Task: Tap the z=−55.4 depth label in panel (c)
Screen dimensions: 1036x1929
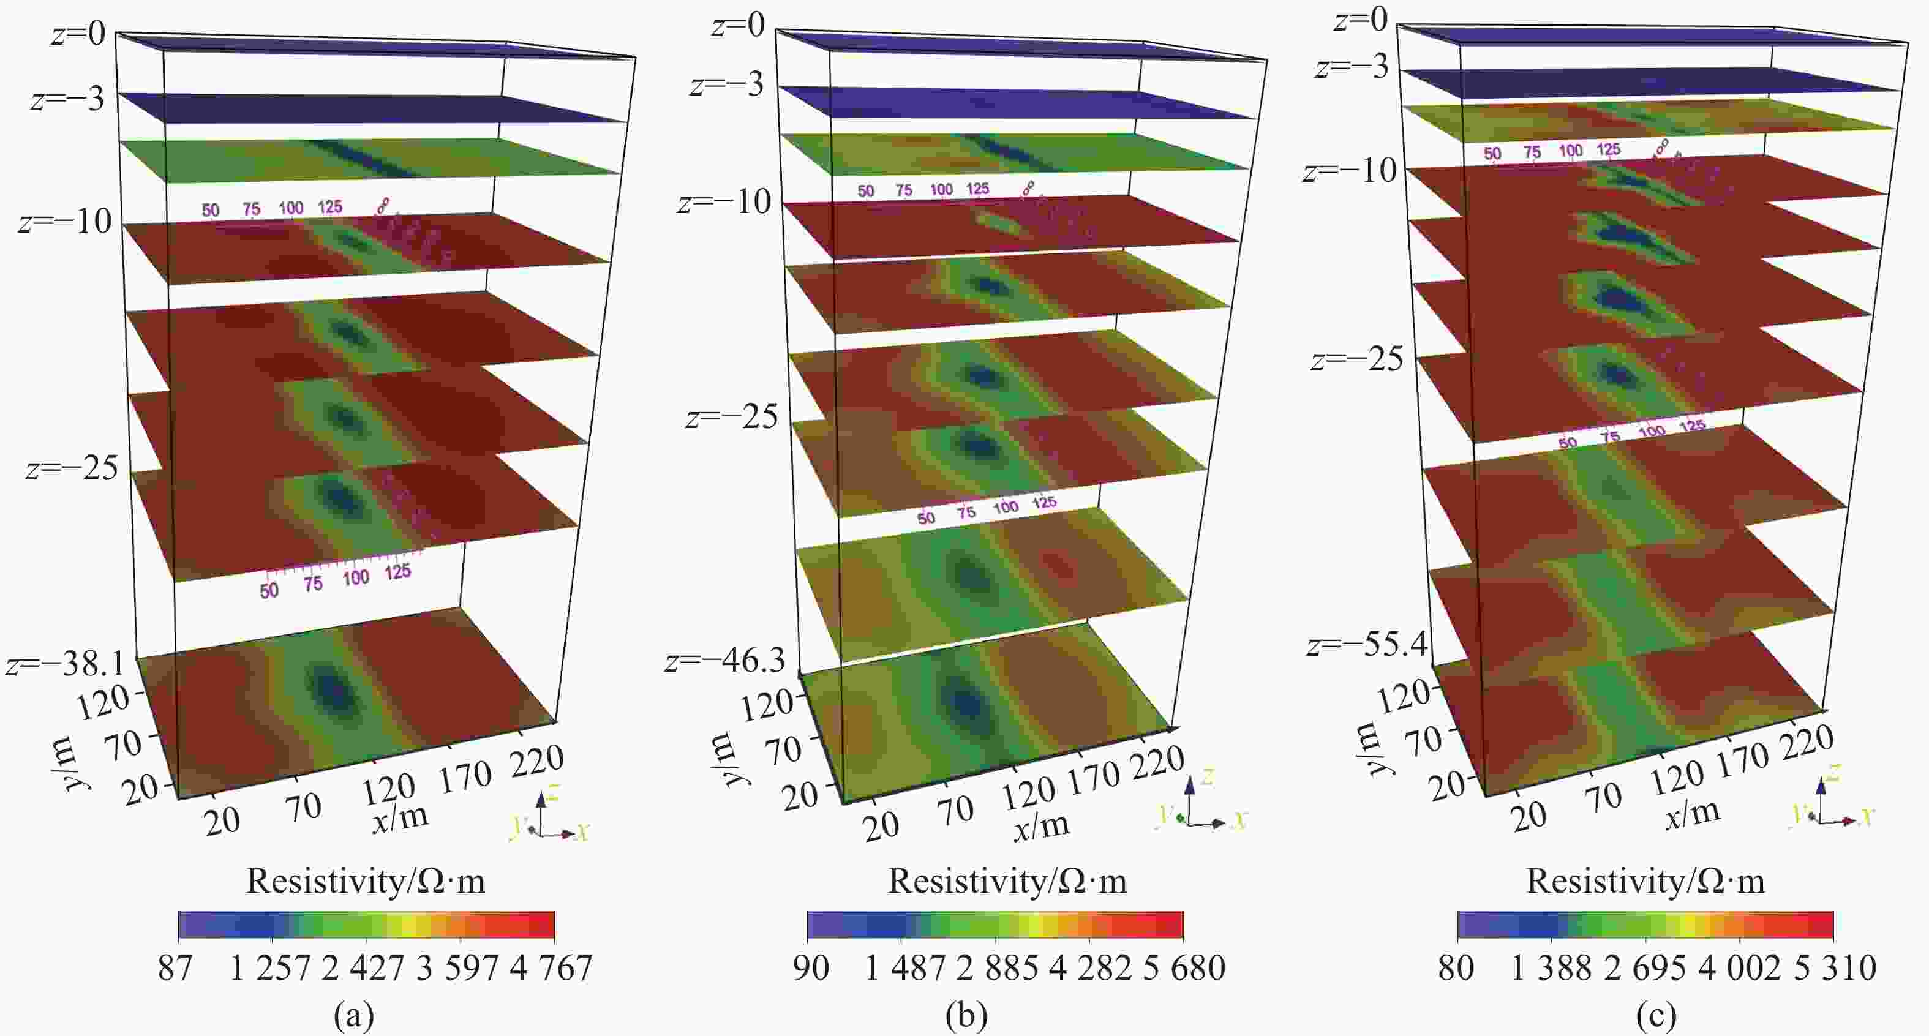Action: click(1367, 644)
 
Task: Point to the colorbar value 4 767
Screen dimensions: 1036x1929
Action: click(551, 969)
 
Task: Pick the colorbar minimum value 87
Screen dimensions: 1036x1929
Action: click(175, 969)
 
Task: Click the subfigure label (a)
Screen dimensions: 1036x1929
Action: click(353, 1016)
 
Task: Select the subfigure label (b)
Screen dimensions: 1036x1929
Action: click(966, 1016)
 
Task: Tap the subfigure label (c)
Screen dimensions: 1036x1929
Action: click(1656, 1016)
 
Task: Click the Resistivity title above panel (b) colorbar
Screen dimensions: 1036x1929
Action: click(1007, 881)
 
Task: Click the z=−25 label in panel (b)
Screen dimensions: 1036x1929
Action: click(732, 416)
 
